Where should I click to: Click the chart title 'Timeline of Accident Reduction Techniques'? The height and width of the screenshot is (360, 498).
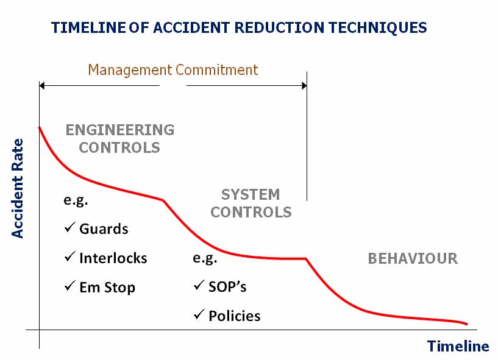(239, 27)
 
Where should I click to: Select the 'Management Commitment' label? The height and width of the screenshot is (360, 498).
(173, 70)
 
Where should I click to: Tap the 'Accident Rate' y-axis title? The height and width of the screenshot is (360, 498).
(18, 188)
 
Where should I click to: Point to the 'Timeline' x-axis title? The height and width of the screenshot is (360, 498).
(458, 346)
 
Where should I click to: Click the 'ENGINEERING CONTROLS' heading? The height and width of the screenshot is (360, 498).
(119, 138)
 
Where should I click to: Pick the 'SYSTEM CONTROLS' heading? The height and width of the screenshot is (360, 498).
(251, 203)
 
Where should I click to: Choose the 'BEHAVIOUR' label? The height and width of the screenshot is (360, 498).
(413, 258)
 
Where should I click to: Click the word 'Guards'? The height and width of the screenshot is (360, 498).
(104, 229)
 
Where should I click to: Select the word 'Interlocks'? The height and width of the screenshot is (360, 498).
(113, 258)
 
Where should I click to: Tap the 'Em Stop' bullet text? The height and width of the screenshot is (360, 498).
(107, 287)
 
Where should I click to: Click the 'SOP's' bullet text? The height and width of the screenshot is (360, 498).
(227, 286)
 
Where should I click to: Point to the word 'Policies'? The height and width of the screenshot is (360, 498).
(234, 316)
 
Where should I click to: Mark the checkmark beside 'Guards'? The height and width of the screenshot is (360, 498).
(69, 228)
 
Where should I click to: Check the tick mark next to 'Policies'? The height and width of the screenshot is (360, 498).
(199, 315)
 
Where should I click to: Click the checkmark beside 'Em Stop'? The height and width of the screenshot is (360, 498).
(69, 286)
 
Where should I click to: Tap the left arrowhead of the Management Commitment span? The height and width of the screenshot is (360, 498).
(43, 86)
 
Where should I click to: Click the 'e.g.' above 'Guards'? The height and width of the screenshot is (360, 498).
(76, 200)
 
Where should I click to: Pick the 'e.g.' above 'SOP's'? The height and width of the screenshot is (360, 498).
(205, 258)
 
